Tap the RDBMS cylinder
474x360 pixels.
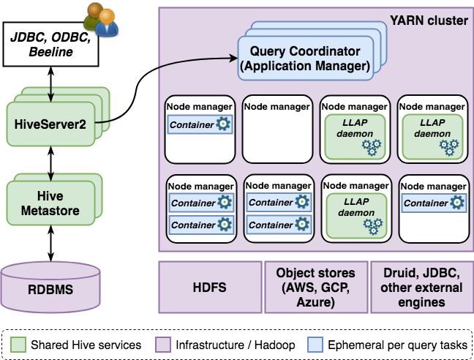[x=50, y=288]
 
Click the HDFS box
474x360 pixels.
[x=209, y=288]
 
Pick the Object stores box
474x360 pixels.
[x=315, y=288]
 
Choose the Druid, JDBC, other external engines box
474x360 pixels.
[x=421, y=288]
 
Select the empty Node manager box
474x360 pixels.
[x=276, y=128]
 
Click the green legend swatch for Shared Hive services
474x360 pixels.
[x=20, y=343]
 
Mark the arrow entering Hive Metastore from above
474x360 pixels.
[x=50, y=176]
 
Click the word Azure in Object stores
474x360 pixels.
[x=315, y=302]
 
